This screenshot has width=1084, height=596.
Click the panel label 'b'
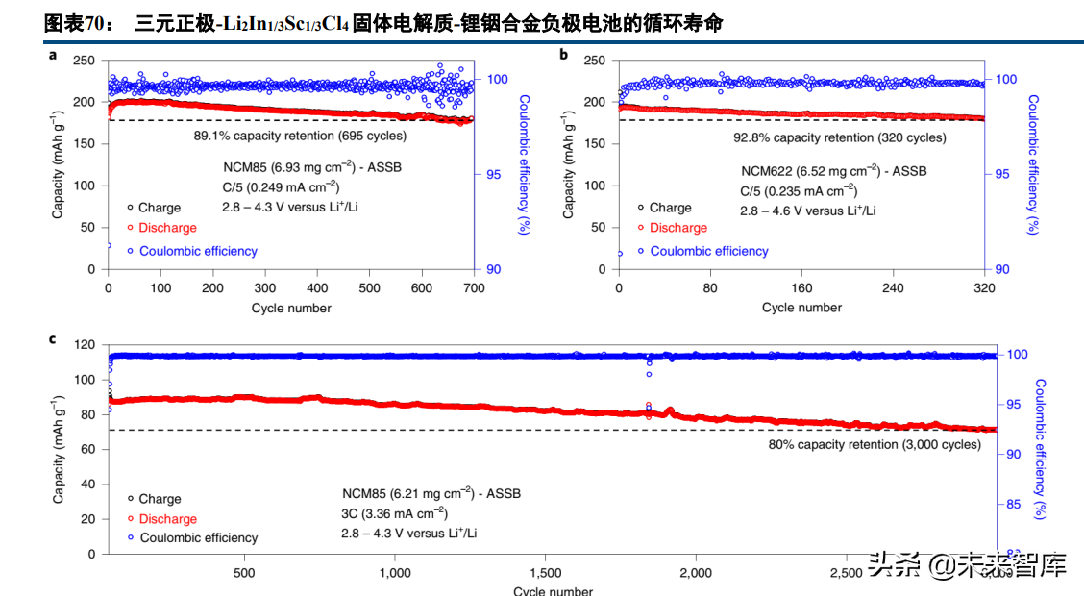pos(564,55)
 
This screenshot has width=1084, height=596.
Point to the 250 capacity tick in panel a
pos(85,61)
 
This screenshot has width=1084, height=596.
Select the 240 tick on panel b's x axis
pos(893,287)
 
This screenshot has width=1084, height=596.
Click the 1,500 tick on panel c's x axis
pos(545,573)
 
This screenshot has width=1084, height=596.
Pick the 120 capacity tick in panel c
pos(84,344)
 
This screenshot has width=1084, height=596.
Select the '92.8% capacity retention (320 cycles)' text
pos(839,137)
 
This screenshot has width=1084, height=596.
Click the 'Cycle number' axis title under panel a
pos(291,308)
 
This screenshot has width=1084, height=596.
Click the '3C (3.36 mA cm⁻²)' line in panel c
pos(394,512)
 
